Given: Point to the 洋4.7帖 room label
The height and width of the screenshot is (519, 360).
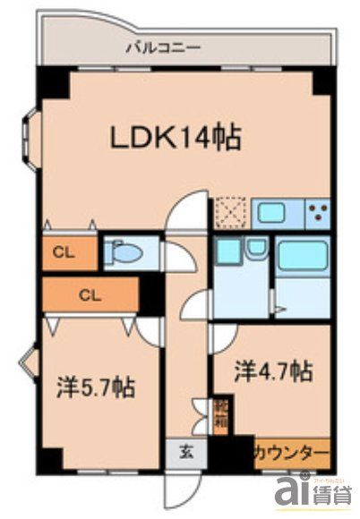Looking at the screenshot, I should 273,370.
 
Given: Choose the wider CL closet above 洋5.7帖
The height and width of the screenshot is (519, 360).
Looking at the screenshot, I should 88,294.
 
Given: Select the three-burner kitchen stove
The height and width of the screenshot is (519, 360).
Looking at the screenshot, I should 318,211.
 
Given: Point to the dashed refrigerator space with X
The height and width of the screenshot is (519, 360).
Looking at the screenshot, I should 229,212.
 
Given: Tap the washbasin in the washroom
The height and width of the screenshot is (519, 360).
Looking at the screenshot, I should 257,248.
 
